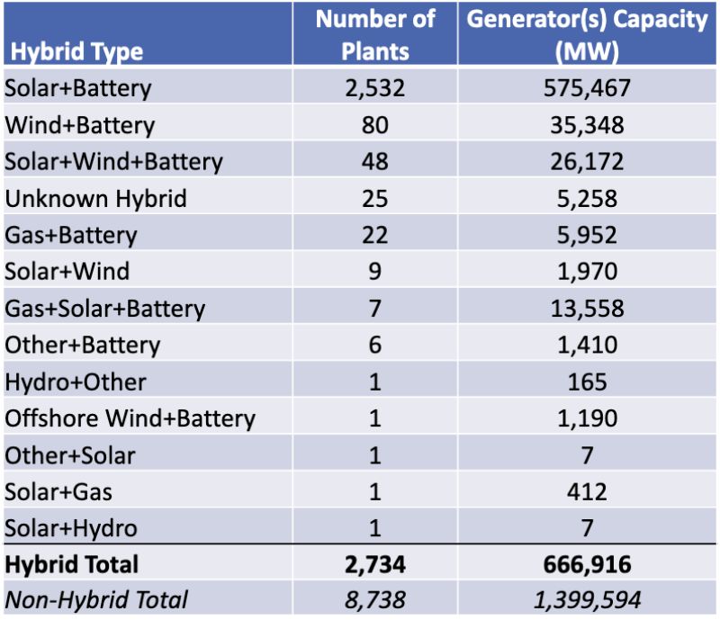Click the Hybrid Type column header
pos(76,51)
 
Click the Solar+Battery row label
pos(78,88)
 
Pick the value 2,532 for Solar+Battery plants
pos(374,88)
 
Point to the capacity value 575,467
pos(587,88)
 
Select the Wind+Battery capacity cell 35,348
pos(587,125)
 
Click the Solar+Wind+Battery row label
pos(113,162)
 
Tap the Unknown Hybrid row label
pos(95,199)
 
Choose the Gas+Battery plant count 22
pos(374,236)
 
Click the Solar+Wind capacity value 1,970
pos(587,272)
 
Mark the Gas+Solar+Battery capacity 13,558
pos(587,309)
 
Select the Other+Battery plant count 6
pos(374,346)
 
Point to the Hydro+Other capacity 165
pos(587,382)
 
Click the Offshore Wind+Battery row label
pos(130,418)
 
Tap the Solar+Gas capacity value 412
pos(587,491)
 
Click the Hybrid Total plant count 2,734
pos(374,565)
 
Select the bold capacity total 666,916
pos(587,565)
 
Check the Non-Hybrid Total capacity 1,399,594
pos(587,599)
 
